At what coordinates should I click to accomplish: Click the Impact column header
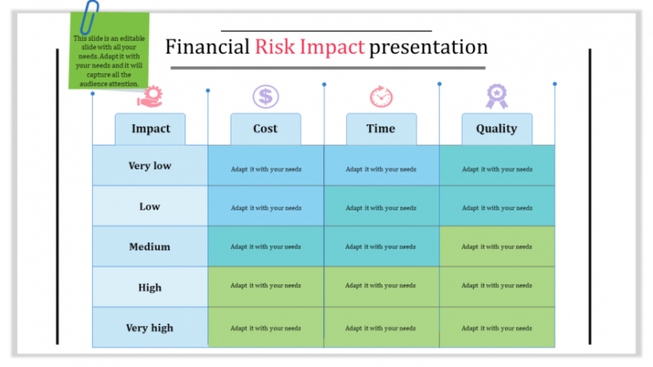coord(150,129)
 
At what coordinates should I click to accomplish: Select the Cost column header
coord(265,129)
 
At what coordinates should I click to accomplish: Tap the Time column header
coord(381,129)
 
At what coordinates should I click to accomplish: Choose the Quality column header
coord(497,129)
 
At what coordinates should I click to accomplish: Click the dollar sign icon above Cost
coord(265,96)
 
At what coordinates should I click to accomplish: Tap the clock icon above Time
coord(381,96)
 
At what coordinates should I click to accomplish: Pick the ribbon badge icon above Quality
coord(497,96)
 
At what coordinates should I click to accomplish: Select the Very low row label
coord(150,166)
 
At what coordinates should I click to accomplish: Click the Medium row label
coord(150,247)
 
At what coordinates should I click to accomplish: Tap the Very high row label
coord(150,328)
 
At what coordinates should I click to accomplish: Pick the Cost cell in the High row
coord(265,287)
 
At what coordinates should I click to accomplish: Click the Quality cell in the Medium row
coord(497,247)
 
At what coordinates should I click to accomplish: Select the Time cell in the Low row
coord(381,207)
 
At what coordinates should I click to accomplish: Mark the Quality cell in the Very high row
coord(497,328)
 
